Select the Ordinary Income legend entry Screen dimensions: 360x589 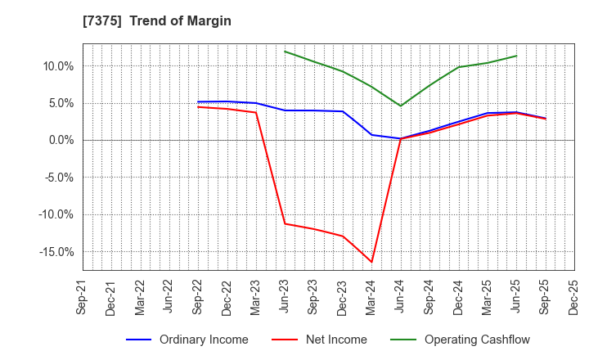(x=196, y=340)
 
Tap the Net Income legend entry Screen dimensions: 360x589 (x=330, y=340)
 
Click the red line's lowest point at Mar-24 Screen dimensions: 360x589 (x=371, y=262)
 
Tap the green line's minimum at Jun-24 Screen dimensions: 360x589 (x=400, y=106)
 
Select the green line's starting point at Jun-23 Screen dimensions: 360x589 (x=285, y=51)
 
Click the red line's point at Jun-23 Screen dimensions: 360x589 (x=285, y=223)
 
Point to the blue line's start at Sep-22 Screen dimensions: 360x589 (x=198, y=102)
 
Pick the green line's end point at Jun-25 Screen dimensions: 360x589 (x=516, y=56)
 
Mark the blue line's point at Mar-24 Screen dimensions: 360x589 (x=371, y=134)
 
